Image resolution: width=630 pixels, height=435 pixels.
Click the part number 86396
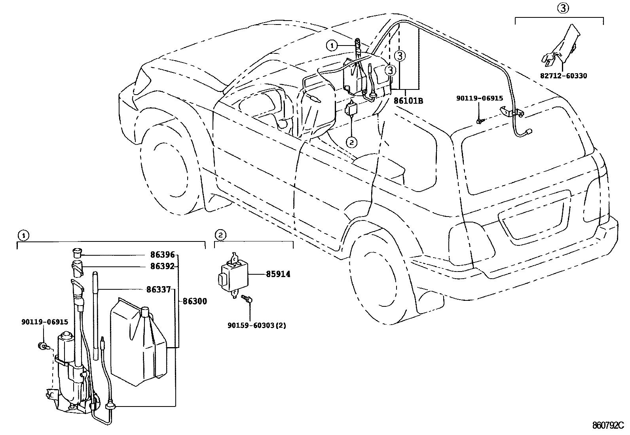(162, 255)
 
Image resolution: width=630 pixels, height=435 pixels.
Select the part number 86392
(162, 266)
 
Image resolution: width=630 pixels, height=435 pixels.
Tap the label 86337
(158, 290)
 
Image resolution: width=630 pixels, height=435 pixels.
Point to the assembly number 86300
(195, 302)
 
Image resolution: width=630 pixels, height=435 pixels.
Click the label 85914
(278, 274)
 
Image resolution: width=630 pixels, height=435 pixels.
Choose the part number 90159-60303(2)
(256, 326)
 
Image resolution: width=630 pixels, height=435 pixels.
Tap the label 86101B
(408, 101)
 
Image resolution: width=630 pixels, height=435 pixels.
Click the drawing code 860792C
(607, 426)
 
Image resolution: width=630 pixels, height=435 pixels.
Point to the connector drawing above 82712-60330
(560, 47)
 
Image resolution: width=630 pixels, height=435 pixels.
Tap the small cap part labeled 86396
(77, 252)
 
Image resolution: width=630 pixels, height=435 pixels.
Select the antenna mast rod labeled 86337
(95, 315)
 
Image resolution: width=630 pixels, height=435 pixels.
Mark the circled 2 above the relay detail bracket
(221, 235)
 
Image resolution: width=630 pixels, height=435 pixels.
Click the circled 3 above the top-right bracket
(564, 8)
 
